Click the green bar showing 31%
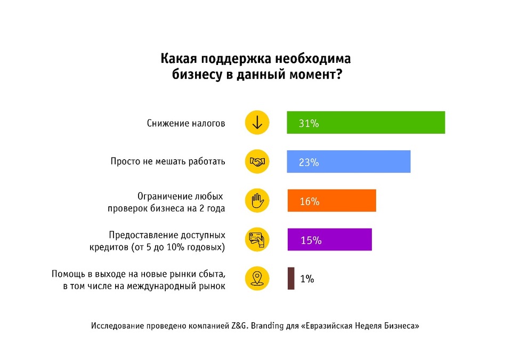click(x=366, y=122)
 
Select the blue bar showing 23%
click(x=349, y=162)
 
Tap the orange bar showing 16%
click(x=331, y=201)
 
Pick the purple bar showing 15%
click(x=329, y=240)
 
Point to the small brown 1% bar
click(x=291, y=279)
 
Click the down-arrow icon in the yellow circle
click(x=257, y=122)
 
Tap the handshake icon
click(x=257, y=161)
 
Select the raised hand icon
click(x=257, y=201)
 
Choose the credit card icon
click(x=257, y=240)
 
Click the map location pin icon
click(x=257, y=279)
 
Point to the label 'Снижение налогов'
click(x=186, y=123)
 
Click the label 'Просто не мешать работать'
click(x=168, y=161)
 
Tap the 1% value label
click(x=307, y=279)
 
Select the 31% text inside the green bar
click(x=309, y=124)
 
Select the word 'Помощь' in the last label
click(x=67, y=274)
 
